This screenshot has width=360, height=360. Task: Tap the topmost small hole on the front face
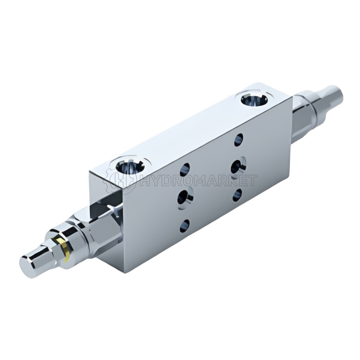[x=239, y=140]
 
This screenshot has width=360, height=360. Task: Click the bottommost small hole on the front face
[x=185, y=226]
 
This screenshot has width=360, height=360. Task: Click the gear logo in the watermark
[x=120, y=181]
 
